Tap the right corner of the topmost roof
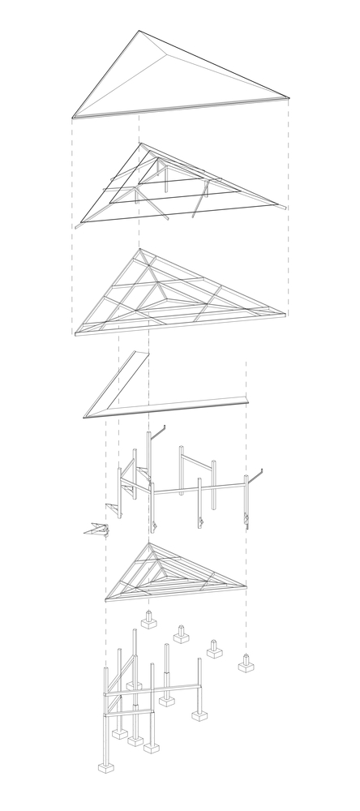[288, 97]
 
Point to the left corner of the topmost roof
[73, 116]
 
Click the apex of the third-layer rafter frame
[139, 249]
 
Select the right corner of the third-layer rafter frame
[285, 313]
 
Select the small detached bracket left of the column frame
[98, 530]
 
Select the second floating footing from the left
[181, 634]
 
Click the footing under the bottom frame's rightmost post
[199, 714]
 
